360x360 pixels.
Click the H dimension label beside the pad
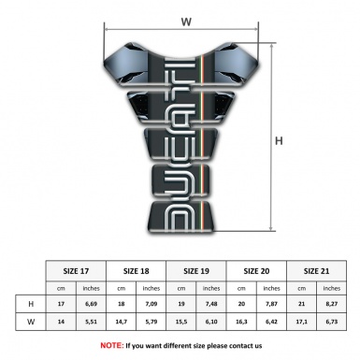(x=278, y=141)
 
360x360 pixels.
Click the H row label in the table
(x=31, y=304)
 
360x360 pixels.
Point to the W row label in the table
(x=31, y=323)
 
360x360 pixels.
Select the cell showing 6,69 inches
(x=92, y=304)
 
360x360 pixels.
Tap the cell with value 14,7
(x=122, y=323)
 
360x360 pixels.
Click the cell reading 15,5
(x=182, y=323)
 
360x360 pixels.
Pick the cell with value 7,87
(x=272, y=304)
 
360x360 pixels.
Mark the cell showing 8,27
(x=332, y=304)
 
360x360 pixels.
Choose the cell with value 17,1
(x=302, y=323)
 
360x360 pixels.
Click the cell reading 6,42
(x=272, y=323)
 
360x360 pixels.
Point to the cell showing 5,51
(x=92, y=323)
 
